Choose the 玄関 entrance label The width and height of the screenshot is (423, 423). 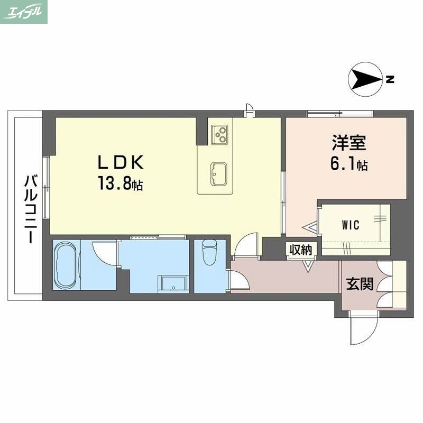click(x=360, y=284)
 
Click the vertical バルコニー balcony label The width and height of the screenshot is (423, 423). click(x=28, y=209)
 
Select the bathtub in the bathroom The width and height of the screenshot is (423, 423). click(x=66, y=265)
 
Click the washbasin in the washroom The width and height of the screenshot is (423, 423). click(x=173, y=283)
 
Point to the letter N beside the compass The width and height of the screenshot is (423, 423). click(x=390, y=80)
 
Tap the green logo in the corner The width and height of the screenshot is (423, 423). click(x=24, y=12)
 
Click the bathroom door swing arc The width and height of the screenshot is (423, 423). click(x=104, y=254)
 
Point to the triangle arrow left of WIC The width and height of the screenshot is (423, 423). click(x=309, y=227)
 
